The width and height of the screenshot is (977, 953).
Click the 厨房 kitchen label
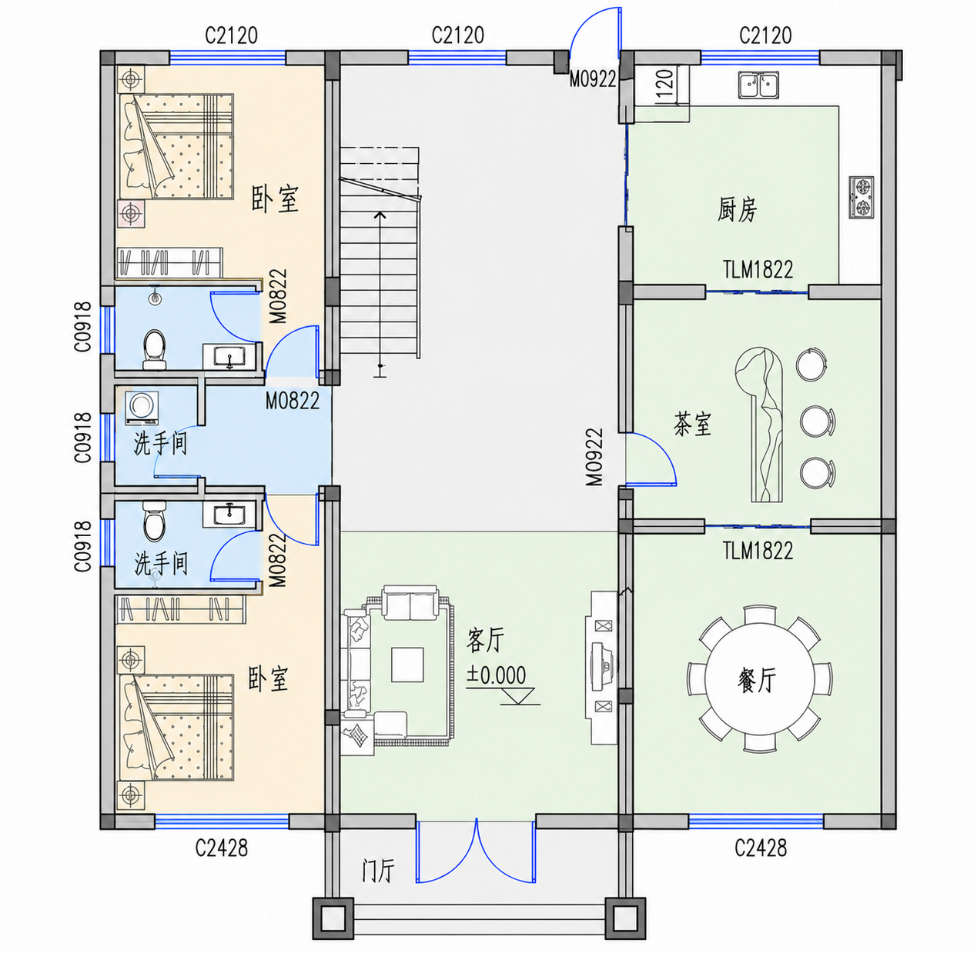(737, 210)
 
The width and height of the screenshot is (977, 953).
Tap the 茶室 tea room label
(692, 425)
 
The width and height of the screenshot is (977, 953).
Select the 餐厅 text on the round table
(757, 681)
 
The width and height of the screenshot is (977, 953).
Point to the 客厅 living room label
(485, 640)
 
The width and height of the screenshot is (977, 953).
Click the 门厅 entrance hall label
(379, 871)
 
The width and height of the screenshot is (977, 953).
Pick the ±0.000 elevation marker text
(496, 675)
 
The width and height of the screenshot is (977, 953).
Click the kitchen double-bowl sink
(758, 85)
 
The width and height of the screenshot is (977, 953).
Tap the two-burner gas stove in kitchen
(862, 197)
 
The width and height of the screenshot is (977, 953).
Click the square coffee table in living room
(407, 665)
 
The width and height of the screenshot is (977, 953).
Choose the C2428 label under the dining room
(761, 848)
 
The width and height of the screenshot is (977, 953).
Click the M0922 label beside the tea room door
(594, 457)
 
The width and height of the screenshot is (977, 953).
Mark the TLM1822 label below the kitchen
(758, 269)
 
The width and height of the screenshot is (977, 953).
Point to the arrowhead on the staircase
(380, 215)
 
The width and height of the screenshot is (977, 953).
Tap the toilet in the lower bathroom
(154, 521)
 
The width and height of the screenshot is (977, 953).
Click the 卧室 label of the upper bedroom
(275, 199)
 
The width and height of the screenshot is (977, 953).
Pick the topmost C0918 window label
(83, 327)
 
